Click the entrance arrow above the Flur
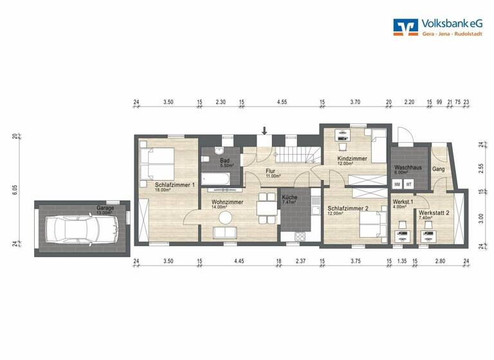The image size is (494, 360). [264, 132]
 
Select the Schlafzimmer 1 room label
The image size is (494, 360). [174, 186]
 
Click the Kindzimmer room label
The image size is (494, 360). [352, 159]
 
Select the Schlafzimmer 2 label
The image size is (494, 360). [347, 208]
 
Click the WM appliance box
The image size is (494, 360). [397, 184]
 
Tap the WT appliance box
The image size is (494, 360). [408, 184]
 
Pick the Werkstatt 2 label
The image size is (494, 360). [434, 213]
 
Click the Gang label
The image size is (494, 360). [439, 169]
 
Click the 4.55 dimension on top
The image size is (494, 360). [282, 102]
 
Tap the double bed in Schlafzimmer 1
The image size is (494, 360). [157, 163]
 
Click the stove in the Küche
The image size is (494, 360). [300, 235]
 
